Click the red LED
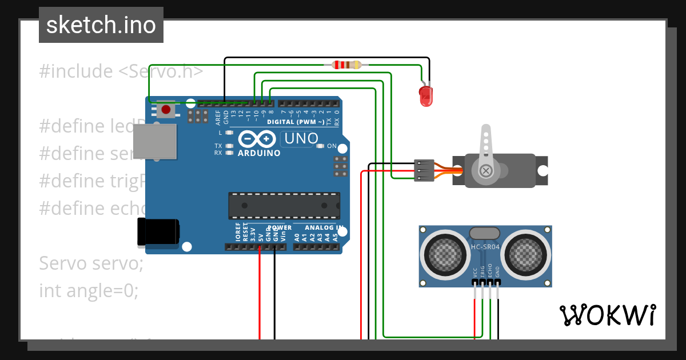(426, 96)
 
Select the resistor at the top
(347, 65)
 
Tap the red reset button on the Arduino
(166, 109)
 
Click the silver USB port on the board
(155, 141)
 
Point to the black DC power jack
(159, 233)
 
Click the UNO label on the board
(301, 138)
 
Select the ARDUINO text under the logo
(259, 153)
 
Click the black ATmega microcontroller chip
(284, 206)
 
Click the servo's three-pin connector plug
(424, 171)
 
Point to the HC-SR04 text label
(485, 247)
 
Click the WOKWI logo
(607, 315)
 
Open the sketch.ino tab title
(101, 25)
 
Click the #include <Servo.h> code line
(121, 71)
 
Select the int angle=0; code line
(89, 290)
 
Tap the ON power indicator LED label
(332, 146)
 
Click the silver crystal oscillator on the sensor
(485, 233)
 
